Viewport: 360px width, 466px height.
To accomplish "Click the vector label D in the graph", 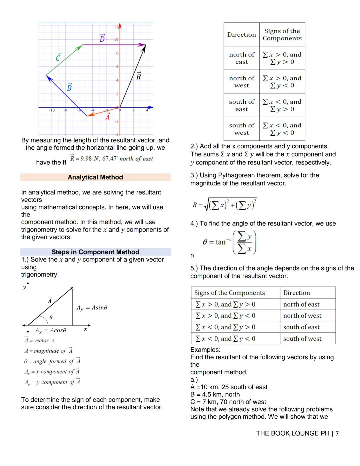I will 102,38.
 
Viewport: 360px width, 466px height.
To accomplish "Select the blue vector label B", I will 69,87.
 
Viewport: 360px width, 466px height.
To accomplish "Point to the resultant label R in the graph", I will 139,76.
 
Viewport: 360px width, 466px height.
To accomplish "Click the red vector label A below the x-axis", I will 108,117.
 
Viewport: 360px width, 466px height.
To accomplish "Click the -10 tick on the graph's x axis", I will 52,110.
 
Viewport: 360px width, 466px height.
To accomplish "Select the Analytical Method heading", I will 95,177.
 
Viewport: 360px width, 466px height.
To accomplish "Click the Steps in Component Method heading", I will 95,252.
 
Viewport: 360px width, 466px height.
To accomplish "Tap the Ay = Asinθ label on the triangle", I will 92,308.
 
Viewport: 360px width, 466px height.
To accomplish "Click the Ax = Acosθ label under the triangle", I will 51,330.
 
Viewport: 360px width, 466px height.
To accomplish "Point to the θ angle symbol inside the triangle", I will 51,317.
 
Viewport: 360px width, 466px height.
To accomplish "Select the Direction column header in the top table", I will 241,35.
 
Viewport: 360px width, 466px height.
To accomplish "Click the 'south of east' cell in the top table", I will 241,105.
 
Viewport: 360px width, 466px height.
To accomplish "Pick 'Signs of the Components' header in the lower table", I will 229,293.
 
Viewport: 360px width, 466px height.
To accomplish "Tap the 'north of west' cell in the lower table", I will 302,316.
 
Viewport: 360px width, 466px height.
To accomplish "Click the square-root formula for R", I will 225,205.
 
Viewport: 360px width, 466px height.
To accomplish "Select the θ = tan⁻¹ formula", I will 229,242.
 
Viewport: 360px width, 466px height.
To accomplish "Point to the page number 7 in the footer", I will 337,433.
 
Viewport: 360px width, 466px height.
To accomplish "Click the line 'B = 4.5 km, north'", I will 215,394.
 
